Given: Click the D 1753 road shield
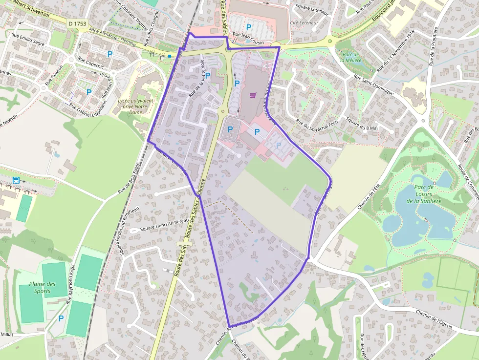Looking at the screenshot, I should [77, 23].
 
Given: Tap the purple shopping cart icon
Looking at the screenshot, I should [253, 95].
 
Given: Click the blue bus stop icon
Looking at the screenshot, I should [16, 180].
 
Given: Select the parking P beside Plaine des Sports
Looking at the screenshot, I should [61, 318].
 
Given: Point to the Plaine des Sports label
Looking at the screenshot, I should [42, 288].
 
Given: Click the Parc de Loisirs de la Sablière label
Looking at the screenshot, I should [424, 194].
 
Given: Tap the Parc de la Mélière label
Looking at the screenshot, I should [350, 57].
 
